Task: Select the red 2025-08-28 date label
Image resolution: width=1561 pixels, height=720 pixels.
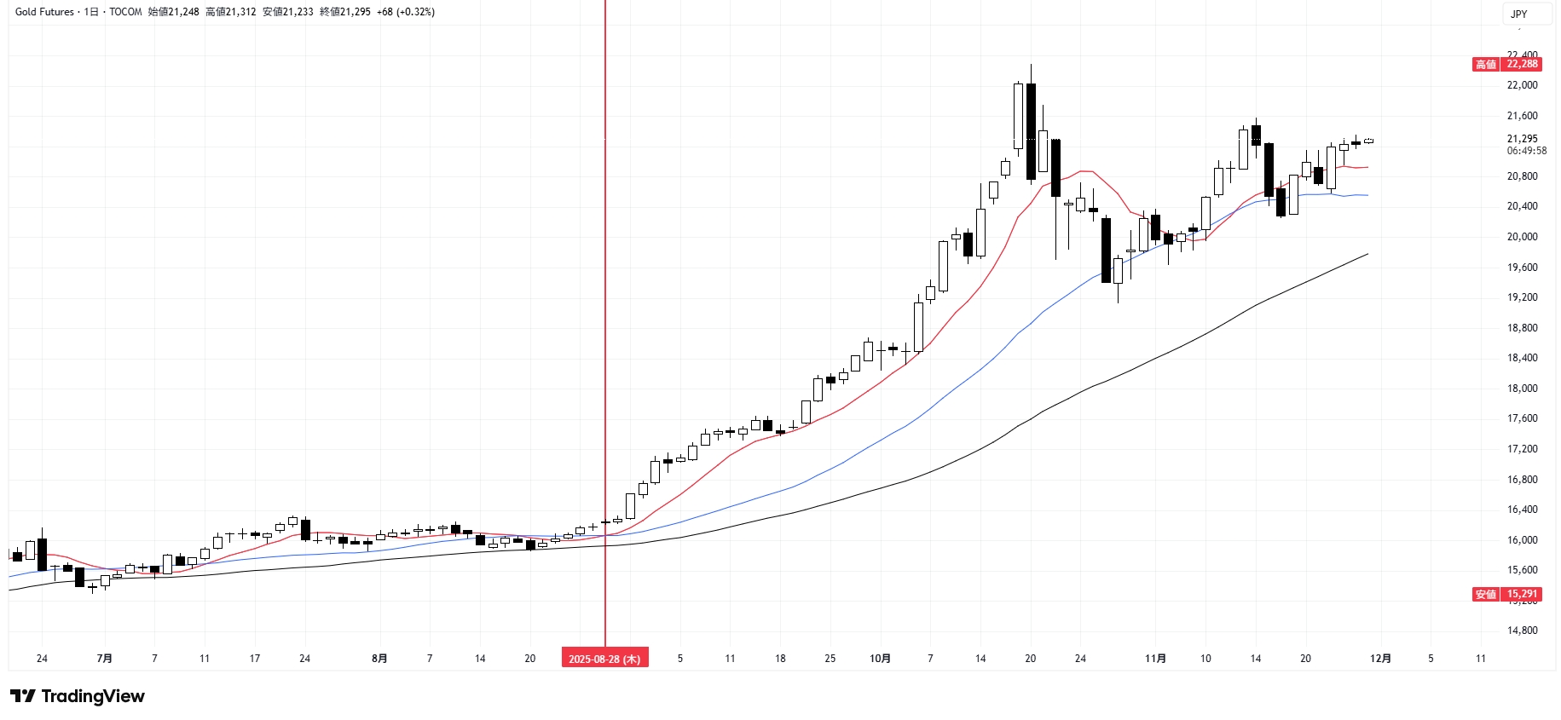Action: (604, 659)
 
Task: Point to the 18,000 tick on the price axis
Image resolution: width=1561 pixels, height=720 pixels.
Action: (1522, 389)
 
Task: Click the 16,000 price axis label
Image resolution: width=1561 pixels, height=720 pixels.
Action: (1522, 540)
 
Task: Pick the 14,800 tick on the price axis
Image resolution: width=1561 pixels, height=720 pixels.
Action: (1522, 631)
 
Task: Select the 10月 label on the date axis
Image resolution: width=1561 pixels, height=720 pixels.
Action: (880, 659)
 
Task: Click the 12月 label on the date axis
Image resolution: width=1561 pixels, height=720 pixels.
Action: (1380, 659)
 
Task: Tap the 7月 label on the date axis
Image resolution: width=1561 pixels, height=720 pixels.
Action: (104, 659)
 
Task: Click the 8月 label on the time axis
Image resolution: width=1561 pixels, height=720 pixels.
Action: (379, 659)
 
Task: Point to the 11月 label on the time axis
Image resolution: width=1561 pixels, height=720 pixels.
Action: (1155, 659)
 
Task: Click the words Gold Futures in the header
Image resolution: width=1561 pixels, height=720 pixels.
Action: (44, 12)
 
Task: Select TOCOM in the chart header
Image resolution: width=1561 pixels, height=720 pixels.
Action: (125, 12)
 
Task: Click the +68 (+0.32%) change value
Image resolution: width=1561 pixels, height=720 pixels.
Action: (406, 12)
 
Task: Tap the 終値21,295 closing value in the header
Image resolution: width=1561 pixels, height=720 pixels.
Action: (344, 12)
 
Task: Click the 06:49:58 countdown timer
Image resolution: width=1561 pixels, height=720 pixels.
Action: (1526, 151)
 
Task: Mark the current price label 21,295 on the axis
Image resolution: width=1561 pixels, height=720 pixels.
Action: (1522, 139)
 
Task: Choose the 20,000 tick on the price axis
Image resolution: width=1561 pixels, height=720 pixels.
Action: (1522, 237)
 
